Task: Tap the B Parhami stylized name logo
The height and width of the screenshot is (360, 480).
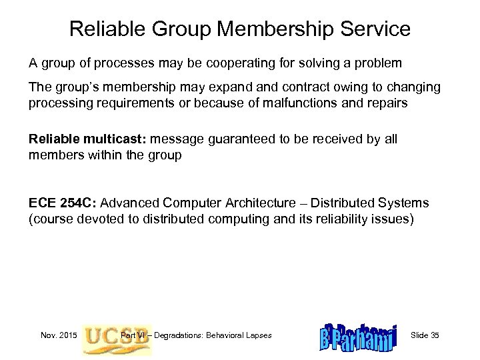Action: [x=357, y=333]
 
